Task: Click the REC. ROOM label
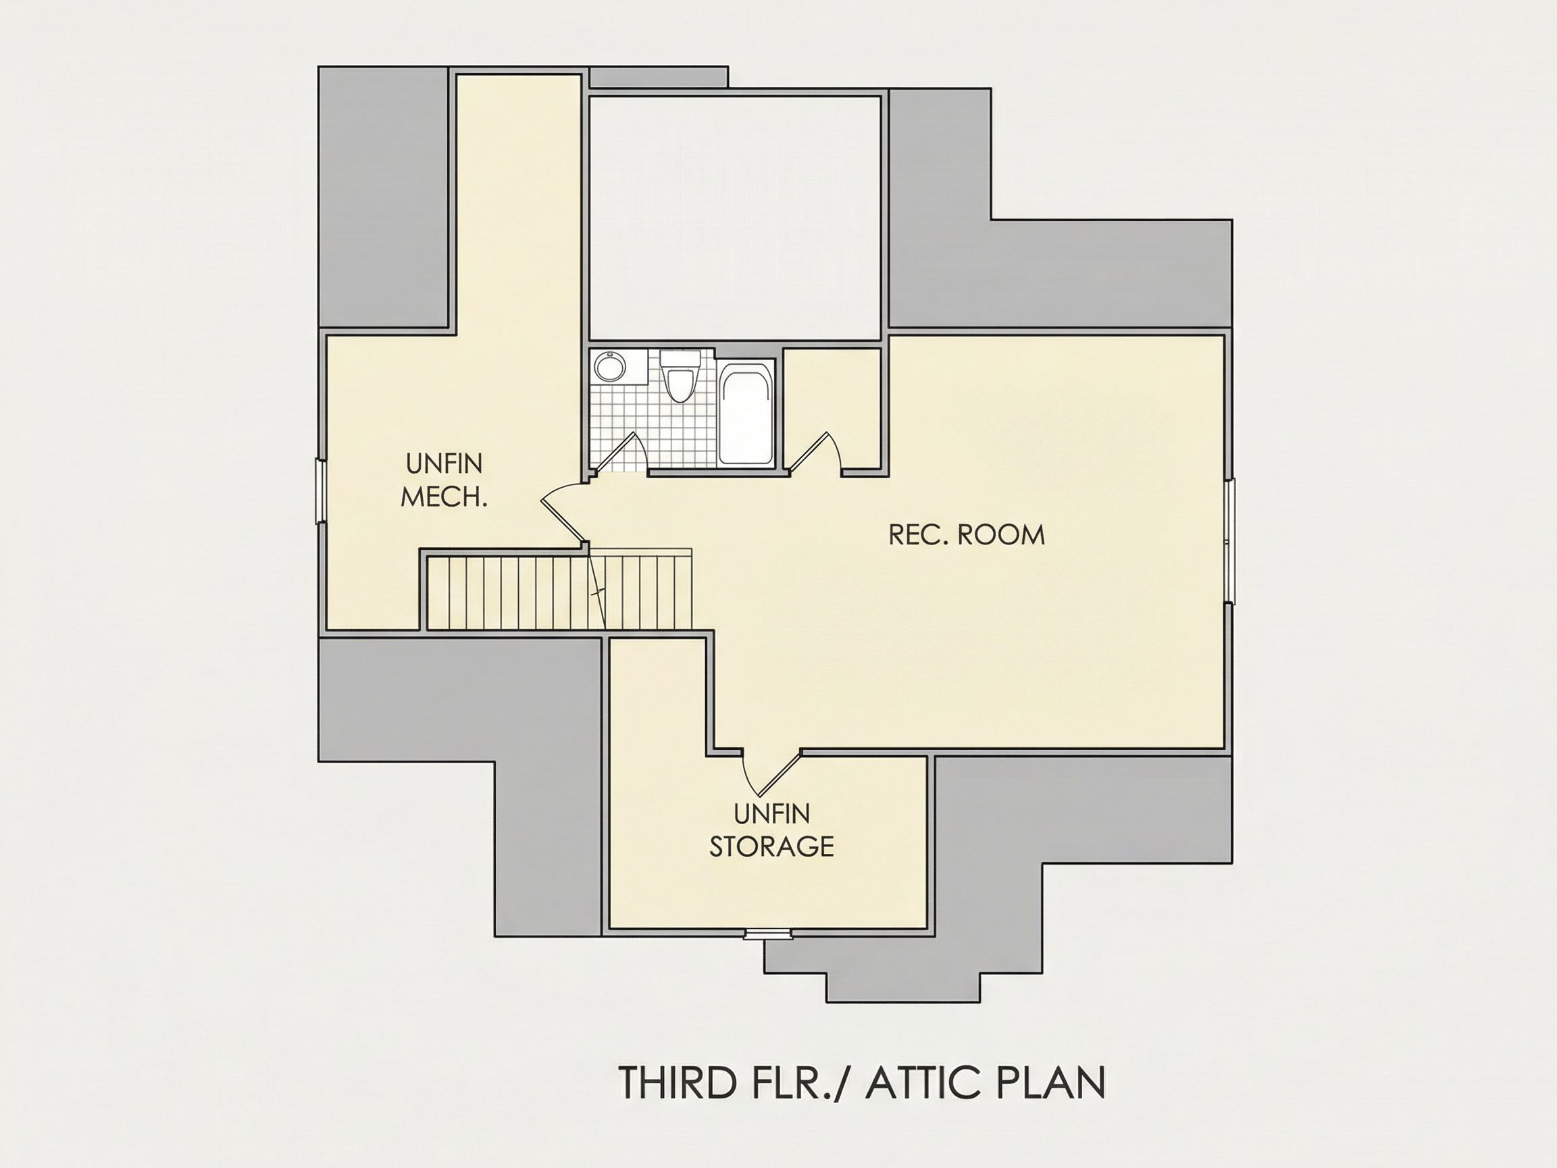point(967,535)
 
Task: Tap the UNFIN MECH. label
point(444,481)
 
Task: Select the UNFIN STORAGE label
point(771,830)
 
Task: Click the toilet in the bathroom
point(680,376)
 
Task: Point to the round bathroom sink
point(609,367)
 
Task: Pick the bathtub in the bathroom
point(746,413)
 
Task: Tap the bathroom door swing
point(619,452)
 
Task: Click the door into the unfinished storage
point(773,771)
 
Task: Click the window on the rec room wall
point(1230,540)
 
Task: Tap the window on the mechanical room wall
point(321,490)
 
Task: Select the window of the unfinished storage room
point(769,935)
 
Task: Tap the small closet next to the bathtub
point(833,408)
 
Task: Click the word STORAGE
point(771,846)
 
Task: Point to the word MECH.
point(444,497)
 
